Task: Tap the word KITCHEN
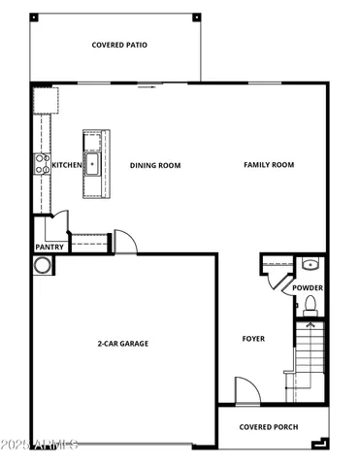(x=66, y=165)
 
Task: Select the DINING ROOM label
(x=155, y=165)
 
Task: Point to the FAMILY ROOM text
(x=268, y=165)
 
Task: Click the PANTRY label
(x=49, y=247)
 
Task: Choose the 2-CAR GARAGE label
(x=122, y=344)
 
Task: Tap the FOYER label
(x=253, y=339)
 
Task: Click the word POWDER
(x=309, y=288)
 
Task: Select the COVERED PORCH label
(x=269, y=427)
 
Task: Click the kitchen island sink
(x=93, y=163)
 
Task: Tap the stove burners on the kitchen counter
(x=42, y=164)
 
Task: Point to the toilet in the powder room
(x=311, y=307)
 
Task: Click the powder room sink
(x=310, y=264)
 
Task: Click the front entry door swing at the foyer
(x=245, y=392)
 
